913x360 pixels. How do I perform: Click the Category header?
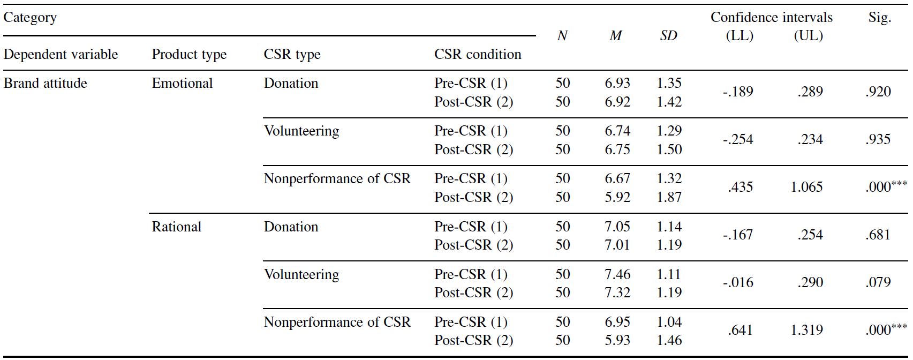click(x=30, y=18)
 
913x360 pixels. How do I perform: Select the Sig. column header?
click(x=880, y=18)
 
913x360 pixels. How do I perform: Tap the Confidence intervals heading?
click(x=772, y=17)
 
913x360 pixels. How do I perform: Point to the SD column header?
click(x=668, y=36)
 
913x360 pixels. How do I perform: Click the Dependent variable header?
click(x=61, y=54)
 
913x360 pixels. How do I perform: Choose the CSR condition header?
click(x=478, y=54)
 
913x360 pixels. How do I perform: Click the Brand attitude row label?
click(x=45, y=83)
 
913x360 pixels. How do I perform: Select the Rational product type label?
click(x=177, y=227)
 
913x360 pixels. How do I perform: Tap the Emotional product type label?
click(x=182, y=83)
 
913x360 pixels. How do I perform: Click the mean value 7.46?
click(x=617, y=274)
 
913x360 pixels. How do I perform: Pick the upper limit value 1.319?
click(x=806, y=330)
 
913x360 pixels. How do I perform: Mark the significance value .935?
click(x=878, y=139)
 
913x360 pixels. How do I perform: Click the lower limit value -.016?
click(x=738, y=282)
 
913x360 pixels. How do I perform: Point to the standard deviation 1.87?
click(x=669, y=197)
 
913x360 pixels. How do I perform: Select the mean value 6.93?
click(x=617, y=83)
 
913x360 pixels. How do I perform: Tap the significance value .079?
click(x=878, y=282)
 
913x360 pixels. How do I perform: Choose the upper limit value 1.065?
click(x=806, y=187)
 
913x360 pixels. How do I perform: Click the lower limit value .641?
click(x=740, y=330)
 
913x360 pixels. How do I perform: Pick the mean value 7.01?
click(x=617, y=245)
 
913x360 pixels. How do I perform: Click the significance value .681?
click(x=878, y=235)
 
